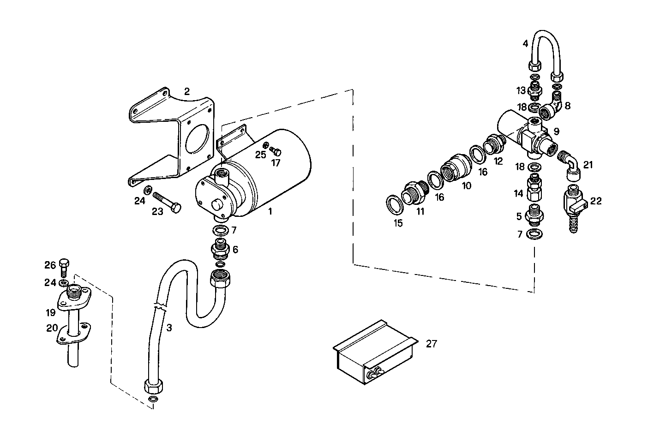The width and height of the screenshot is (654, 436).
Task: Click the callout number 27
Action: pos(431,344)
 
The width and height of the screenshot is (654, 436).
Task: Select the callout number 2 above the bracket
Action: pos(186,91)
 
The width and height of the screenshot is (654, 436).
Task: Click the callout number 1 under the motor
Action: pos(270,211)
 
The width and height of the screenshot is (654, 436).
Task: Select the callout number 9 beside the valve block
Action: pos(557,131)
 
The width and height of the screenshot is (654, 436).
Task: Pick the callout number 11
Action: pos(420,212)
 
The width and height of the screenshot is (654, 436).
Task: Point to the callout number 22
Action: pos(596,201)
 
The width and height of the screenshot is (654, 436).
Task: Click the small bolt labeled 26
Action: pos(65,268)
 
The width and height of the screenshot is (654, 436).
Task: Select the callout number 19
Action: pos(50,312)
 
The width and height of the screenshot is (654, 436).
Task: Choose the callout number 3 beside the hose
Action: pos(169,328)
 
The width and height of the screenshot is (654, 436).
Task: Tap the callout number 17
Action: pos(276,163)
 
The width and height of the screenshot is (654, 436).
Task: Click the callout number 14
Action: pos(519,194)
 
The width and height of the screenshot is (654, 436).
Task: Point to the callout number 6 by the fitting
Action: pos(235,249)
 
